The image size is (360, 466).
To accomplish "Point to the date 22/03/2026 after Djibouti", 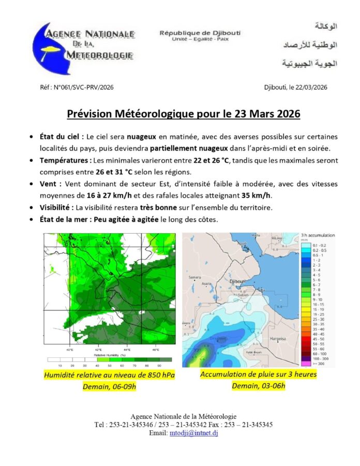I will (x=310, y=87).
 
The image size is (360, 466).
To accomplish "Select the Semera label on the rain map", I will (x=194, y=278).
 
